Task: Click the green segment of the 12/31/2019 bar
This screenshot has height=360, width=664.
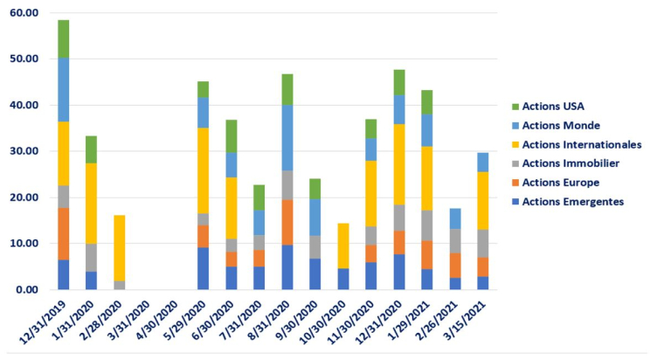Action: [63, 38]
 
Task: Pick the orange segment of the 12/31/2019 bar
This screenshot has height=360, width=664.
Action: [63, 233]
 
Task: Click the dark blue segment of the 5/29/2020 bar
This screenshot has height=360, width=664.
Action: [203, 268]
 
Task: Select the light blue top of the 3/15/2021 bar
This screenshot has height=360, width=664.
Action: [483, 162]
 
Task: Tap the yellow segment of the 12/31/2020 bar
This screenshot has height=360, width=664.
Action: [399, 164]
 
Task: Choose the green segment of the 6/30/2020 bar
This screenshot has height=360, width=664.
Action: [231, 136]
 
